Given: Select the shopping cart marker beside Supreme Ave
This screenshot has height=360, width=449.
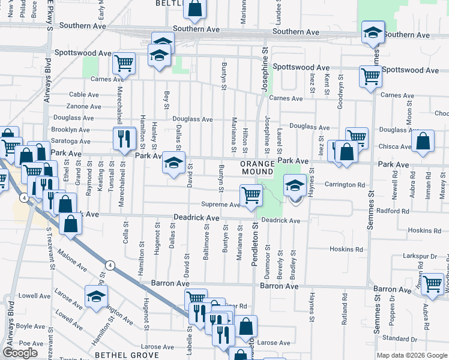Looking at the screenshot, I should tap(250, 195).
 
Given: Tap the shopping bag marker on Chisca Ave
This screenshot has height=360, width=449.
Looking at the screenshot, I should tap(423, 142).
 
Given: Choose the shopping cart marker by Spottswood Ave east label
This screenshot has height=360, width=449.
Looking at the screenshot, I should tap(370, 77).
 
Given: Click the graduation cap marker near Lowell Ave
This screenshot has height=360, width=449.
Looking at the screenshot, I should tap(95, 296).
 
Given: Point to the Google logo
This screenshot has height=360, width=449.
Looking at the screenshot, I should tap(20, 353).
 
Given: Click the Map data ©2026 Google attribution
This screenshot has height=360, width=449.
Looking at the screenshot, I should tap(411, 355).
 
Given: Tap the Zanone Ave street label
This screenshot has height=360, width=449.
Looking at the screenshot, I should tap(83, 106).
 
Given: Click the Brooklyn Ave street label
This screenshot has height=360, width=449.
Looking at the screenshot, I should tap(70, 130).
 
